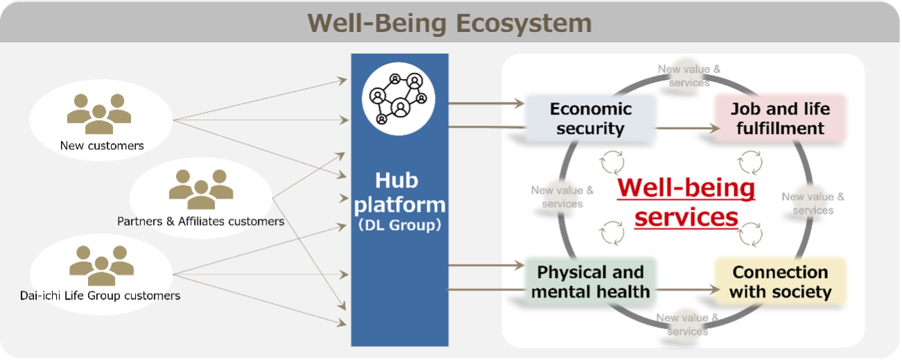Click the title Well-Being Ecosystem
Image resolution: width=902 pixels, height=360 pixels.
click(450, 23)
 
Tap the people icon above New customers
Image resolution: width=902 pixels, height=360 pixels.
click(99, 113)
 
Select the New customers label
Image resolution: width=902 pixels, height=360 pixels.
click(102, 146)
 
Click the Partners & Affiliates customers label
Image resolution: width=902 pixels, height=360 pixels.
click(200, 221)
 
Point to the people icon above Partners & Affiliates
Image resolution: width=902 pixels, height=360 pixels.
click(201, 189)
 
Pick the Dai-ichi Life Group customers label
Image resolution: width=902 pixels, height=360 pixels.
click(100, 295)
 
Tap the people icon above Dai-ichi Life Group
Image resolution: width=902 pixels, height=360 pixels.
click(101, 266)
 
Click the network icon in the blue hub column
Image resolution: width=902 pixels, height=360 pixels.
click(399, 98)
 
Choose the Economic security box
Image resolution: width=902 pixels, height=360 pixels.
click(591, 118)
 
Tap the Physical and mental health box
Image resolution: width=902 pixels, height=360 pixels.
click(591, 282)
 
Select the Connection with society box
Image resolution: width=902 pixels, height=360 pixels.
click(780, 282)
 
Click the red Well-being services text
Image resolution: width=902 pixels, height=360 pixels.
click(686, 202)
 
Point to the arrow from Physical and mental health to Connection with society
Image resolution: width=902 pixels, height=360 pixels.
click(684, 291)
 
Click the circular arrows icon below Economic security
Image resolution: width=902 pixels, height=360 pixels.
click(612, 163)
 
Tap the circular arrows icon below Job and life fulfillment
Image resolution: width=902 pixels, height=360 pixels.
click(750, 163)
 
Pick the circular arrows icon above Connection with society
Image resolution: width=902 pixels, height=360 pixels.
click(750, 234)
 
